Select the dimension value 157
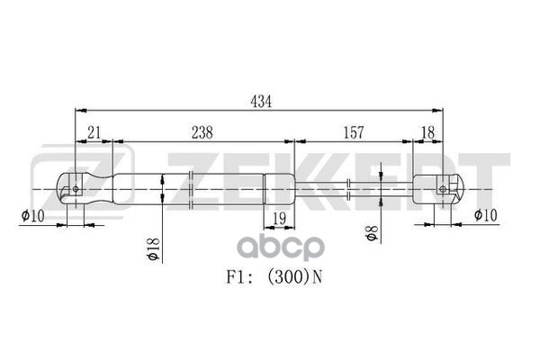click(353, 132)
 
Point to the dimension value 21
click(93, 132)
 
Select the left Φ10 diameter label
click(31, 215)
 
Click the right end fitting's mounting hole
click(442, 188)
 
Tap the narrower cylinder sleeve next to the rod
click(278, 189)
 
